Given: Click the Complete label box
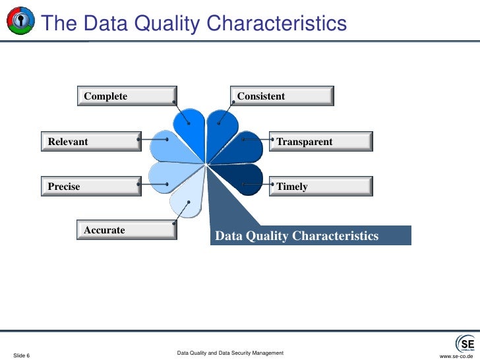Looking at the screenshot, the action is pos(126,96).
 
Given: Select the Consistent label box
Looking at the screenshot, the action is pos(282,96).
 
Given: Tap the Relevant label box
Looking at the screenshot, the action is pos(90,142).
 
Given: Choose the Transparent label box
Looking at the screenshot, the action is pos(321,142).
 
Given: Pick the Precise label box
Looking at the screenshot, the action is pos(90,187).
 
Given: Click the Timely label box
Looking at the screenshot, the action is pos(321,187).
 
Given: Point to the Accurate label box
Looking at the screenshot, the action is pos(126,230).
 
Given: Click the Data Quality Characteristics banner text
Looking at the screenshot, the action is pos(297,236).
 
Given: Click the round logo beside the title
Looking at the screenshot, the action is pos(20,23).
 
